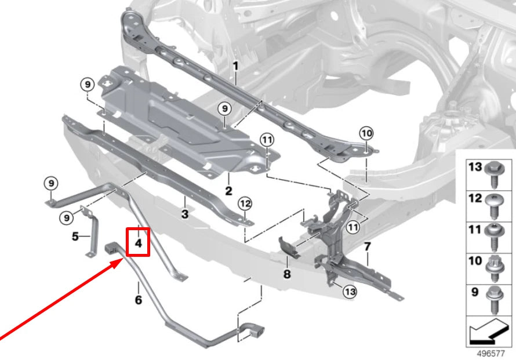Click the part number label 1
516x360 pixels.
click(x=235, y=67)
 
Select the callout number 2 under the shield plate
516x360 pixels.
click(x=228, y=190)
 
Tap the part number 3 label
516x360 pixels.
click(x=185, y=215)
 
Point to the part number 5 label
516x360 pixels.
click(x=75, y=237)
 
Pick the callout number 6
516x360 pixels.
click(x=138, y=300)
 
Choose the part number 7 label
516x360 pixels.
click(x=366, y=248)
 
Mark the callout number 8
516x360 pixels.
click(x=287, y=274)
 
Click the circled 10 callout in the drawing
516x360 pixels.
click(x=366, y=133)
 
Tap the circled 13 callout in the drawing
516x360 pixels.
click(x=350, y=292)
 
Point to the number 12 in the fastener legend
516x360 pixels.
click(x=475, y=199)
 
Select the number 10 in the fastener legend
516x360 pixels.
click(x=475, y=261)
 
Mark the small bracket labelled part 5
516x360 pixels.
click(x=89, y=235)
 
